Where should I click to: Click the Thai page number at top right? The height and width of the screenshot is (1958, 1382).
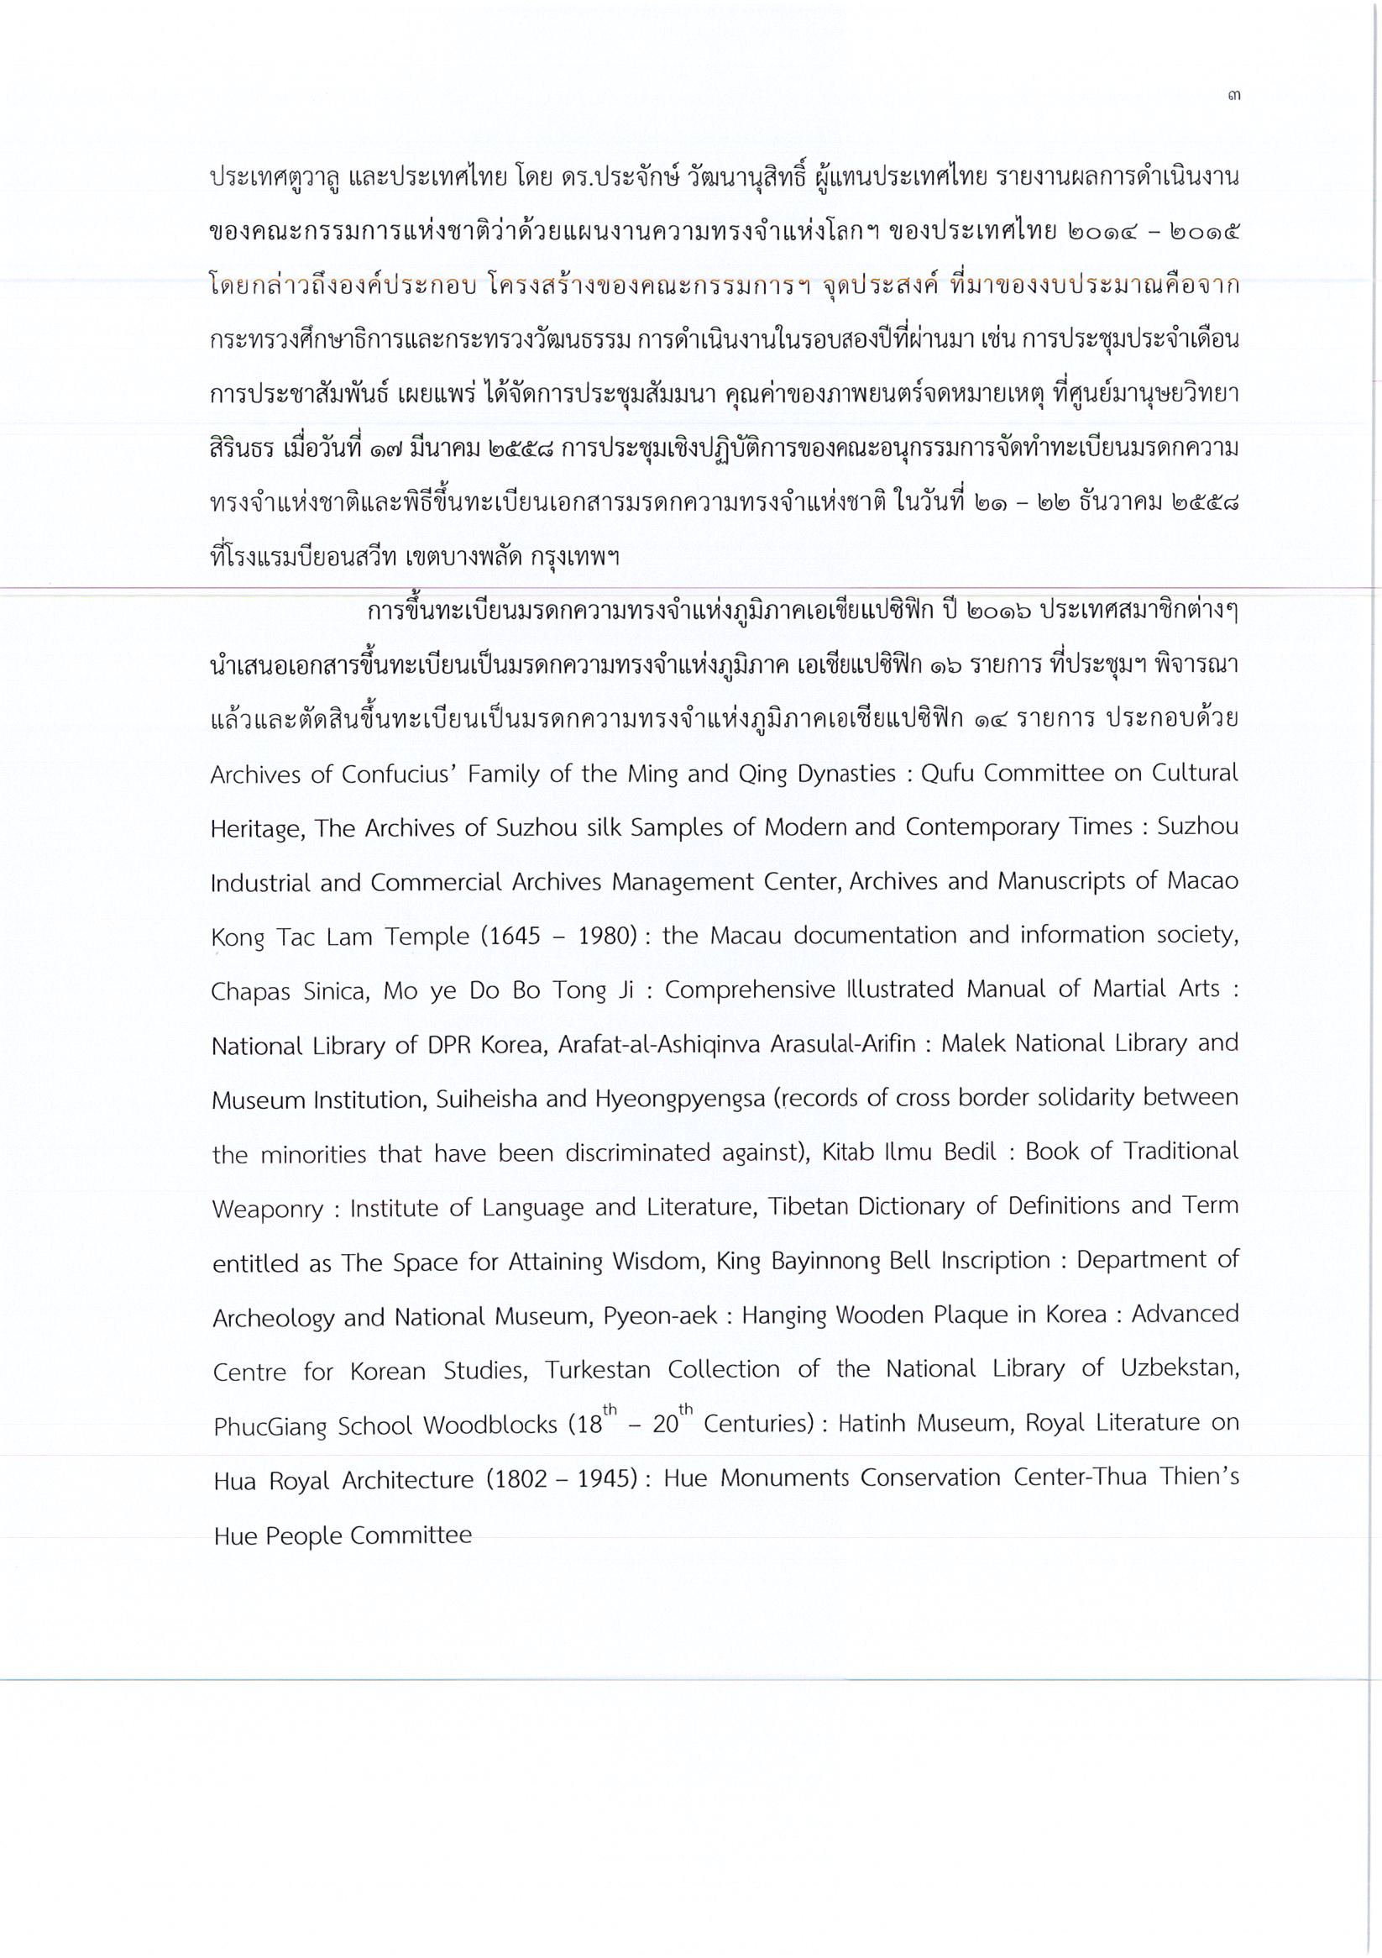coord(1233,97)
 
